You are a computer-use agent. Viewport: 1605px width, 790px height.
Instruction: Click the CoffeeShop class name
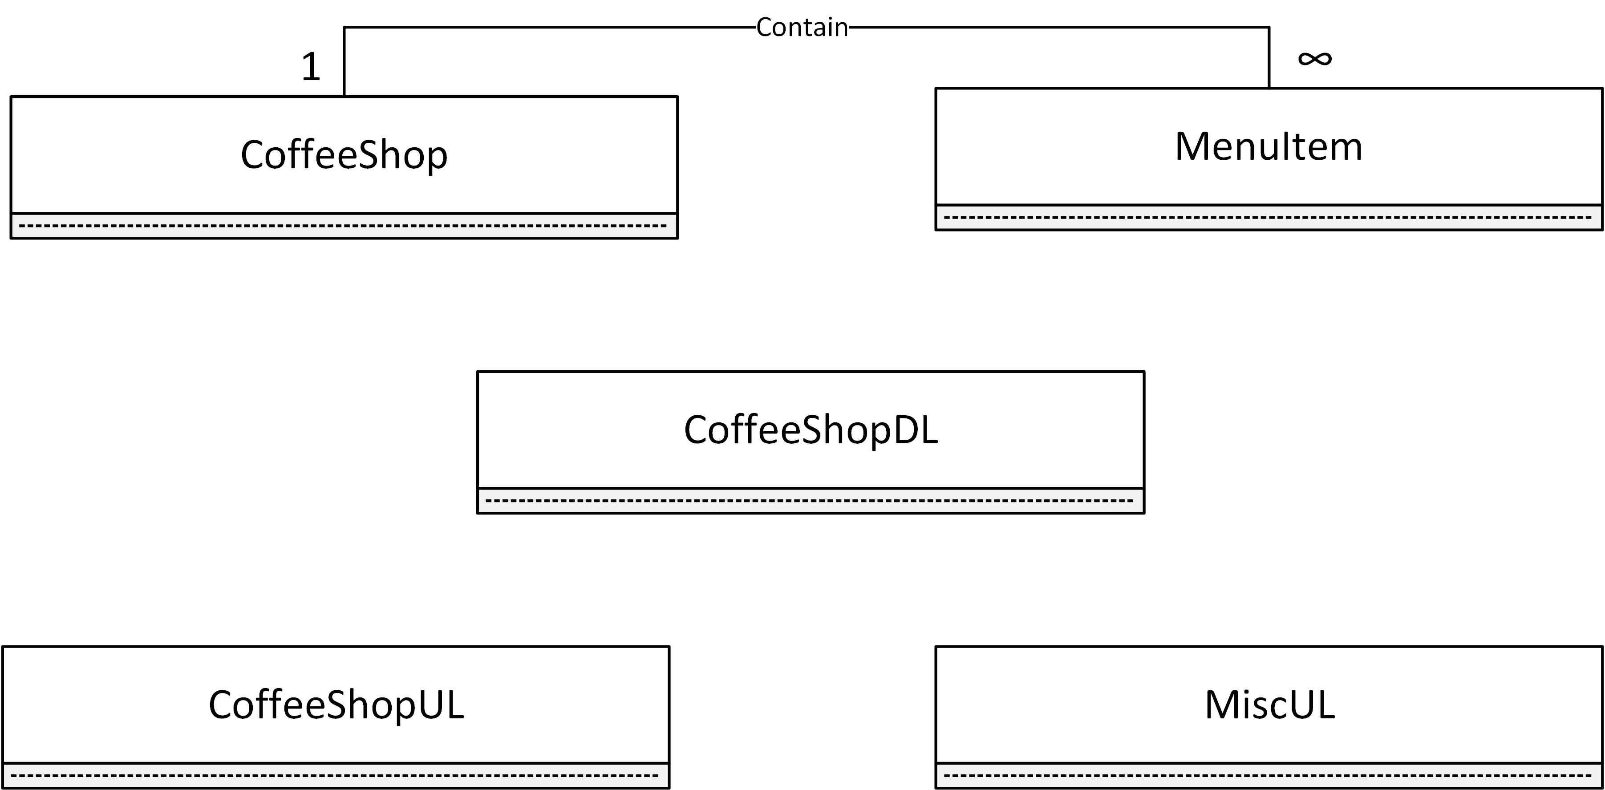click(x=344, y=154)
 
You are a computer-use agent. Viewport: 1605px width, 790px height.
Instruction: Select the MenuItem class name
click(x=1269, y=147)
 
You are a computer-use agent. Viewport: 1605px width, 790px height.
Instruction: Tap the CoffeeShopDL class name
click(x=811, y=430)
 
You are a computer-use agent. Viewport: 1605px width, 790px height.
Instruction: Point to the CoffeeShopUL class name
click(x=336, y=705)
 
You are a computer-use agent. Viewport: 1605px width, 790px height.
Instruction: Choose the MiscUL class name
click(x=1269, y=705)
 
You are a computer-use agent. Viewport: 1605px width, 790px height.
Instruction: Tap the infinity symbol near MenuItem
click(x=1315, y=59)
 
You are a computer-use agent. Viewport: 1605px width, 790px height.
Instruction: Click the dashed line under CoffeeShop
click(x=344, y=226)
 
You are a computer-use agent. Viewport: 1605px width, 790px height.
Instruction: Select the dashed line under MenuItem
click(x=1269, y=218)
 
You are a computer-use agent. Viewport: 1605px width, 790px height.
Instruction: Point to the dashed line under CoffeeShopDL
click(x=811, y=501)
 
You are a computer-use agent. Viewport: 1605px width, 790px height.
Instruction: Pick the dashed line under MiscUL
click(x=1269, y=776)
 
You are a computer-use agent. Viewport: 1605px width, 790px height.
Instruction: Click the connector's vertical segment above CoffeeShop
click(x=345, y=62)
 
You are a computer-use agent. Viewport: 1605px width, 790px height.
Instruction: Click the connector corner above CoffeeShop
click(x=345, y=28)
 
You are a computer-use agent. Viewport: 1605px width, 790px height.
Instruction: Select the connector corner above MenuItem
click(x=1269, y=28)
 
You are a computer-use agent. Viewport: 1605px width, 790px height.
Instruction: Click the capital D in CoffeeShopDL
click(x=905, y=430)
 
